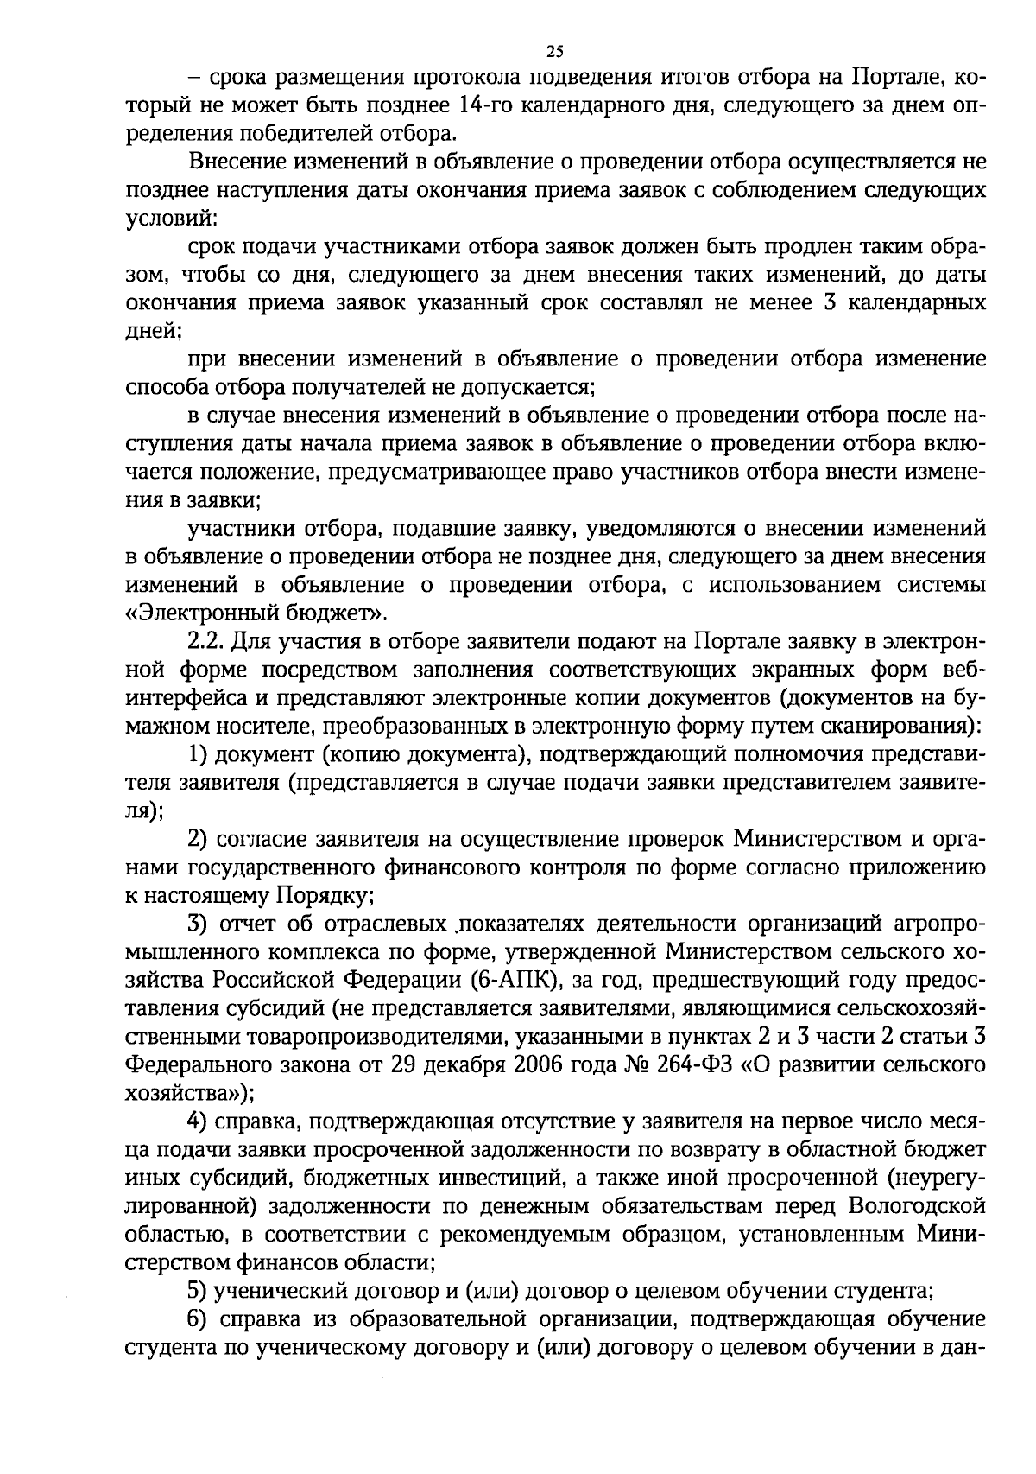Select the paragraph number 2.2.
[206, 642]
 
